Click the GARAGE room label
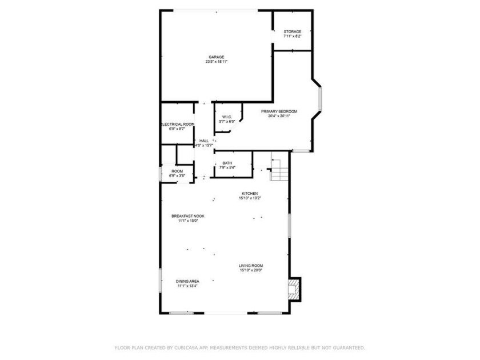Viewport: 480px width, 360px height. pyautogui.click(x=216, y=57)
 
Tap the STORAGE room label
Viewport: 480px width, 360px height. pyautogui.click(x=293, y=31)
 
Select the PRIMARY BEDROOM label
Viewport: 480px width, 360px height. pyautogui.click(x=279, y=111)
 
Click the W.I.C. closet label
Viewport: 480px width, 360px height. pyautogui.click(x=227, y=117)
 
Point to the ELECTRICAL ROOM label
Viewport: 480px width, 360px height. pyautogui.click(x=178, y=124)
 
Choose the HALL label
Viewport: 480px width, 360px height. pyautogui.click(x=204, y=141)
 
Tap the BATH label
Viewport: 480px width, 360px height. pyautogui.click(x=227, y=163)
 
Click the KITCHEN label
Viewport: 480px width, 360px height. pyautogui.click(x=250, y=194)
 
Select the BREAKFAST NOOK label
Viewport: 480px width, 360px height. pyautogui.click(x=188, y=216)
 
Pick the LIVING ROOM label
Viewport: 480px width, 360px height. pyautogui.click(x=251, y=266)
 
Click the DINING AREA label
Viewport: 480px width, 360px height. pyautogui.click(x=187, y=281)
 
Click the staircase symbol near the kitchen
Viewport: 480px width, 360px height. pyautogui.click(x=278, y=169)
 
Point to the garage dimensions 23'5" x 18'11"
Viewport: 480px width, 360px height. pyautogui.click(x=217, y=62)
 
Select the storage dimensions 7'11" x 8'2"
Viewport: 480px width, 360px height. pyautogui.click(x=293, y=37)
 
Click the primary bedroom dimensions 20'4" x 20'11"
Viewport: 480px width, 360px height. pyautogui.click(x=279, y=116)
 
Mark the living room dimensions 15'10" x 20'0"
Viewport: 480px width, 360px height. pyautogui.click(x=251, y=271)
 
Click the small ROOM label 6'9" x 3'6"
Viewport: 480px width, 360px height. pyautogui.click(x=177, y=171)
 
